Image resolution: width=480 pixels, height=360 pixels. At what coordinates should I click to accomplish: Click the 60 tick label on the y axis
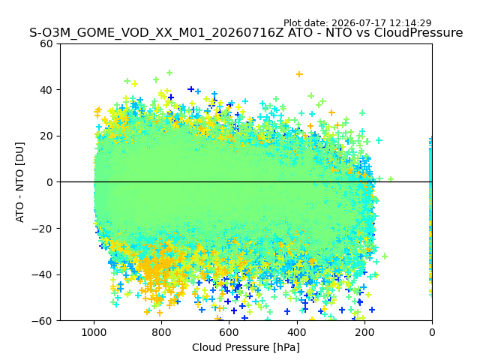tap(46, 43)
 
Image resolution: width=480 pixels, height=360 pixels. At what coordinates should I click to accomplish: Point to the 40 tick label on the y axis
tap(46, 90)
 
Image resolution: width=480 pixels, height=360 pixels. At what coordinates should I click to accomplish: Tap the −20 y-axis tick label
tap(42, 228)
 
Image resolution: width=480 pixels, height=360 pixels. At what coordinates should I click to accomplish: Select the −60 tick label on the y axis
tap(42, 321)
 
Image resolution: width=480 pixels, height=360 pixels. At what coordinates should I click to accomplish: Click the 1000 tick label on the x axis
tap(94, 332)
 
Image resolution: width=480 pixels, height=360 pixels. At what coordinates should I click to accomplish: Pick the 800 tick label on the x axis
tap(162, 332)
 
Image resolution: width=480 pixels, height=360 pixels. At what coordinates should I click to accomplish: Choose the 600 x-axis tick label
tap(229, 332)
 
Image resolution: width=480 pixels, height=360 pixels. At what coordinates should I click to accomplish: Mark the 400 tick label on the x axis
tap(297, 332)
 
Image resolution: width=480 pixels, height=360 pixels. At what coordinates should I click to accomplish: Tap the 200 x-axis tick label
tap(364, 332)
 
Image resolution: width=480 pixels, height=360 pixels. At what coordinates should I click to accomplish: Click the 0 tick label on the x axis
tap(432, 332)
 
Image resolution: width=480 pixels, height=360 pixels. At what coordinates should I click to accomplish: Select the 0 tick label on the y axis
tap(49, 182)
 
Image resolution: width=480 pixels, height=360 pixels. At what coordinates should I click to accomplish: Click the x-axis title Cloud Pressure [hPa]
tap(246, 348)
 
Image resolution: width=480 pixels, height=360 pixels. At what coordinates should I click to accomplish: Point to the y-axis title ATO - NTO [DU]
tap(19, 182)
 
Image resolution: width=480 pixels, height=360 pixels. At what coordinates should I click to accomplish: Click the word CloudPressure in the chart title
tap(418, 33)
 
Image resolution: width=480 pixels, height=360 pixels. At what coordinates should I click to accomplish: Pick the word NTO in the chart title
tap(338, 33)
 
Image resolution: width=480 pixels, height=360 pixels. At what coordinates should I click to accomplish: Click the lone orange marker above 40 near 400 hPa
tap(299, 74)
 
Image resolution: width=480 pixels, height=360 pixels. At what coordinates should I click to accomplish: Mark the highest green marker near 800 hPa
tap(169, 73)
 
